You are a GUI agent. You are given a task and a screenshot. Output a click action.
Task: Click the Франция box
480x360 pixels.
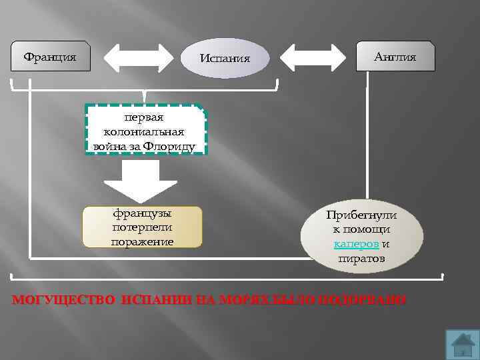50,57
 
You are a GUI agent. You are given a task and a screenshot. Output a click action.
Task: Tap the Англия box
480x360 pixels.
395,57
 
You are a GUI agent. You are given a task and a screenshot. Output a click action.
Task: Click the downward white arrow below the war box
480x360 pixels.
141,181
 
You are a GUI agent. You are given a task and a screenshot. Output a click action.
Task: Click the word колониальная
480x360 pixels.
144,132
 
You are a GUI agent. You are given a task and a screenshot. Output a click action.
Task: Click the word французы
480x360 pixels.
141,214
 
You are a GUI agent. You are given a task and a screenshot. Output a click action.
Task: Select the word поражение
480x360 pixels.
141,241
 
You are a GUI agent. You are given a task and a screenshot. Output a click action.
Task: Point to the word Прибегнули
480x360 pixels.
361,216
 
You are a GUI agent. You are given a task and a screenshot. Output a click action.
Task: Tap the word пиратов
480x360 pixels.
361,258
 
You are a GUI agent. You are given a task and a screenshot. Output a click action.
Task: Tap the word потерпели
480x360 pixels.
141,227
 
